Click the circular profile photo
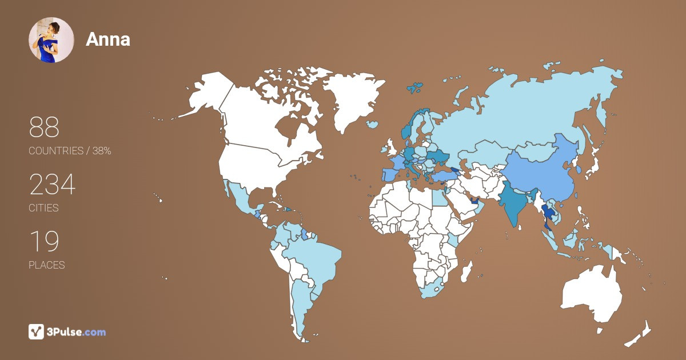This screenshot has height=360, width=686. click(x=51, y=40)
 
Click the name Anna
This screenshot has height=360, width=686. click(x=108, y=39)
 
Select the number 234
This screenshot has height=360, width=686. click(x=52, y=185)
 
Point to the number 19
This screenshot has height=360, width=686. click(x=43, y=242)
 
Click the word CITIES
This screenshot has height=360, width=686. click(x=44, y=208)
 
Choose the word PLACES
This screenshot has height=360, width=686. click(x=47, y=265)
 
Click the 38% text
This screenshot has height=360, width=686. click(x=102, y=151)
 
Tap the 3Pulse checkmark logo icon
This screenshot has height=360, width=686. click(x=37, y=331)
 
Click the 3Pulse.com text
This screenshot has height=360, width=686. click(x=77, y=332)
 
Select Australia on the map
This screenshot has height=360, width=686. click(x=592, y=294)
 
